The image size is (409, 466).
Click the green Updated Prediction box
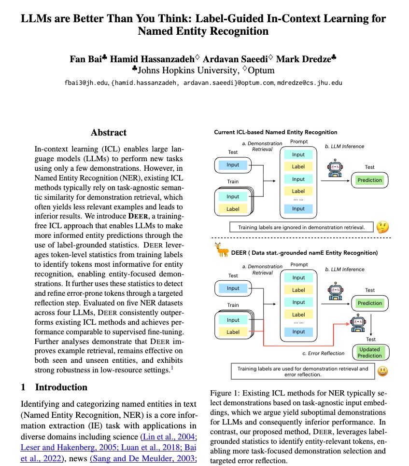pos(369,352)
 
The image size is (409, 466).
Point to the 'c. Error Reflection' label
pos(323,353)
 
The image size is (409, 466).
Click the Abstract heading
pos(109,132)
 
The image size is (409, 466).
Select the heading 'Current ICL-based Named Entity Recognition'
pos(276,132)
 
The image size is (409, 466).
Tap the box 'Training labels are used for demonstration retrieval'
pos(303,371)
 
